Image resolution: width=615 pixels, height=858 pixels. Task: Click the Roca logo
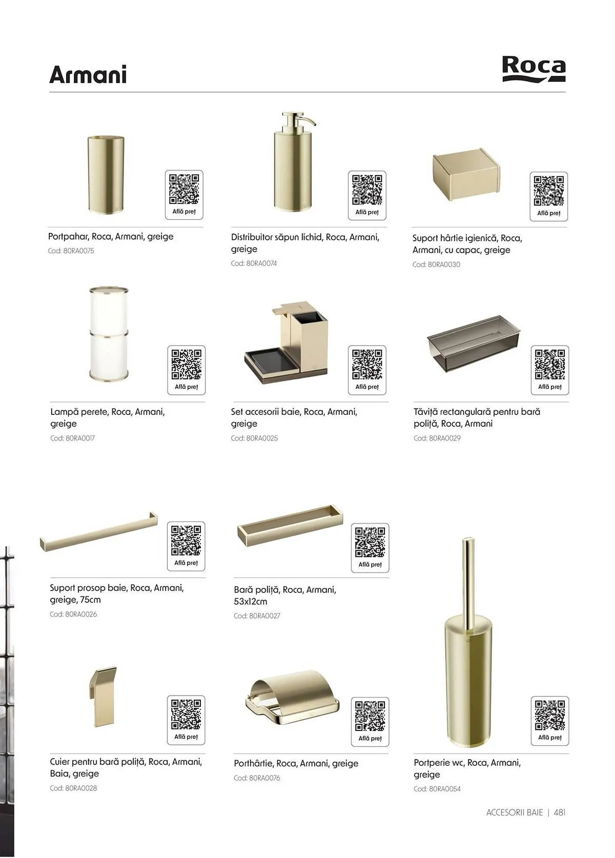click(533, 69)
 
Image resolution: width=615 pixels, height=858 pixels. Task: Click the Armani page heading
click(88, 75)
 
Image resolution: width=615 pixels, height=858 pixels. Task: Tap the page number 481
click(560, 812)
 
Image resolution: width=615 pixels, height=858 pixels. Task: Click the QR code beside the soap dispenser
click(367, 190)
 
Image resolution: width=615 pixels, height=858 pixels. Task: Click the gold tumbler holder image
click(106, 175)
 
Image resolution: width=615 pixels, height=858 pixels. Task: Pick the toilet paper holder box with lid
click(467, 175)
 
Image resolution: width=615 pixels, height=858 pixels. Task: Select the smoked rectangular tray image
click(474, 344)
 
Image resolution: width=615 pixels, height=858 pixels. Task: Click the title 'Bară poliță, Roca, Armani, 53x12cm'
click(285, 595)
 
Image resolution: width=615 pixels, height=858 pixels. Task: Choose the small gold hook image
click(103, 697)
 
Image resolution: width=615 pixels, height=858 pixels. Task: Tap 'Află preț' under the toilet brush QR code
click(550, 737)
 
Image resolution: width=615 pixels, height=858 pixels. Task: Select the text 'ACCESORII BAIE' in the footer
click(515, 812)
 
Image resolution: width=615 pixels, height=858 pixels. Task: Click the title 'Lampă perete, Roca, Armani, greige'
click(108, 417)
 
